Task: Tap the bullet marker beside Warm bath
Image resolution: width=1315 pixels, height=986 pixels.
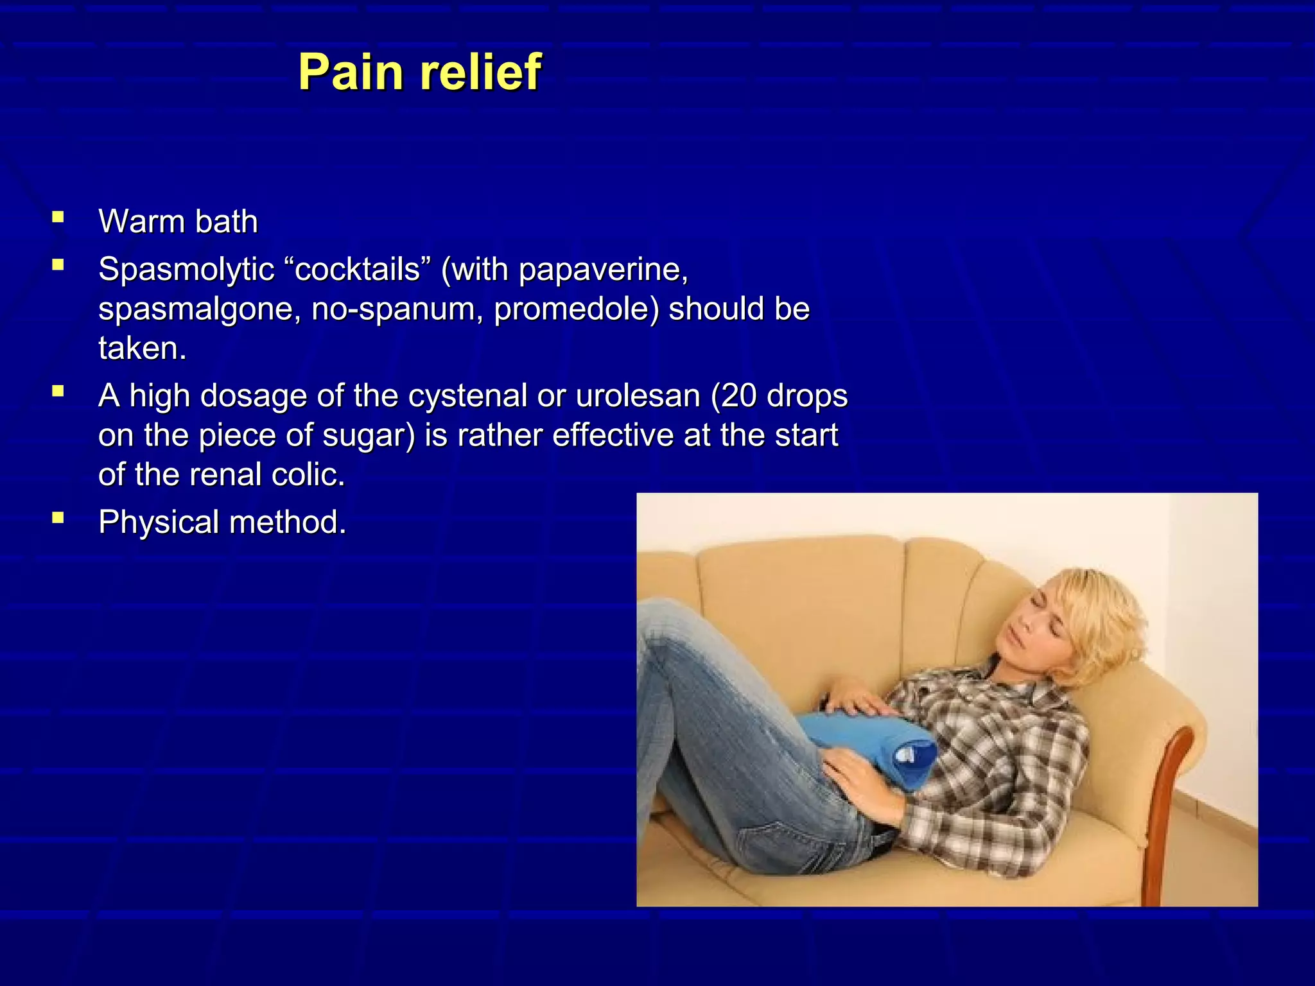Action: (58, 217)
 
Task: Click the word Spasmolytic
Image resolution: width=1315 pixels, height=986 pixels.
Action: (187, 270)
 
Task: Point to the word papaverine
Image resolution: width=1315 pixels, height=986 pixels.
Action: (603, 270)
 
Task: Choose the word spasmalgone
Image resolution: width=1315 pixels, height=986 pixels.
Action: (200, 309)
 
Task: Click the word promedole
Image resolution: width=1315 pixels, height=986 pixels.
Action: (575, 309)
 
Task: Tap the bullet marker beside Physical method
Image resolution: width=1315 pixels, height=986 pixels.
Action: (58, 517)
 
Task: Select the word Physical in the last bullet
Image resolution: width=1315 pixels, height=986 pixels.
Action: (159, 522)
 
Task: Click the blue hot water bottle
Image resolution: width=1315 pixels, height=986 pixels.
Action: (867, 745)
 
